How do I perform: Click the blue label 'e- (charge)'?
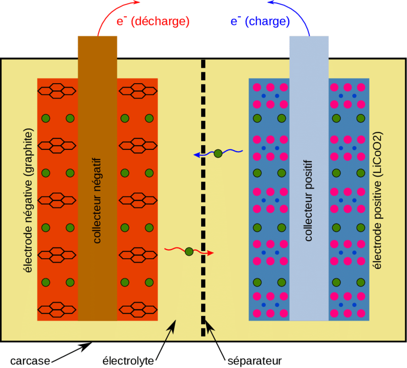tap(260, 21)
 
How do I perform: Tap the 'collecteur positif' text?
tap(309, 200)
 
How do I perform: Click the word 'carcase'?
tap(29, 359)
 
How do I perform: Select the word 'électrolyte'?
tap(129, 359)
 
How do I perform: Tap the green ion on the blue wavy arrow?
tap(218, 154)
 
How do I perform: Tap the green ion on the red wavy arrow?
tap(189, 251)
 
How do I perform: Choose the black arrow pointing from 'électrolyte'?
tap(166, 340)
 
